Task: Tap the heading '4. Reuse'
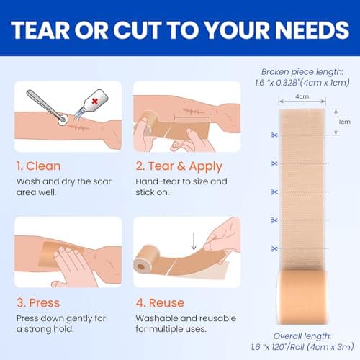(x=159, y=302)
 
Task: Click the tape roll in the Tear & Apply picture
(x=148, y=120)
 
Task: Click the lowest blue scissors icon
(x=274, y=248)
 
